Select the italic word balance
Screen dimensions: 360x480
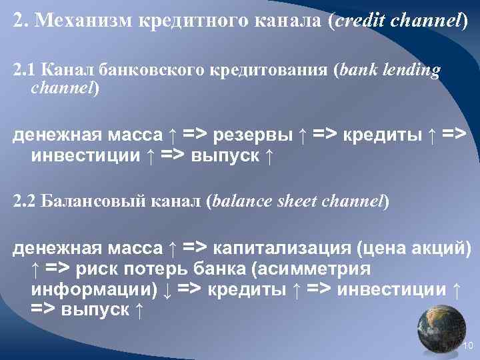(244, 201)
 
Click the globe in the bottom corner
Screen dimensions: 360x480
(441, 327)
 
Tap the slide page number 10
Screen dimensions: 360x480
(467, 345)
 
